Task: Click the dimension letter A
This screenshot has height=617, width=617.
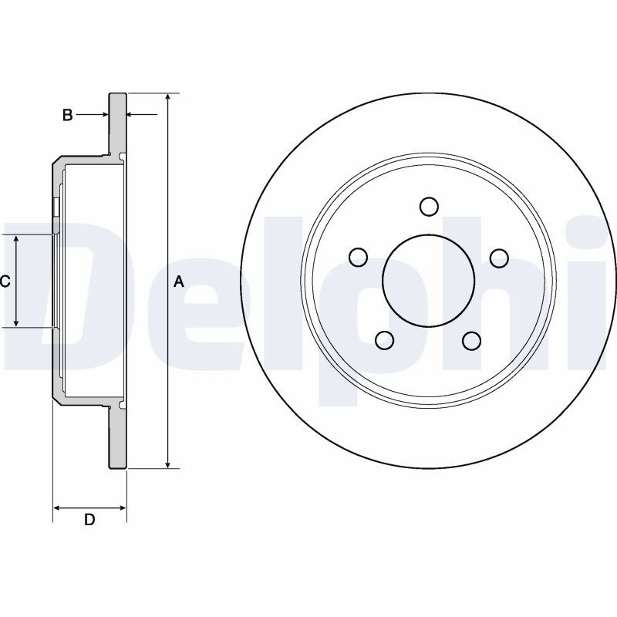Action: click(x=179, y=282)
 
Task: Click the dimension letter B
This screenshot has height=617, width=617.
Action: click(x=68, y=115)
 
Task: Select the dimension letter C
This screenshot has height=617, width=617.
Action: click(x=5, y=282)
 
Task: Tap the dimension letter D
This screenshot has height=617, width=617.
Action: click(x=89, y=520)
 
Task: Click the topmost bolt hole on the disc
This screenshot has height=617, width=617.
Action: click(x=429, y=206)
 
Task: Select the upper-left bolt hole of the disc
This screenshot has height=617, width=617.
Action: click(x=358, y=258)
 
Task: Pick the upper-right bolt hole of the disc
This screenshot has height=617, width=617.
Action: click(x=499, y=258)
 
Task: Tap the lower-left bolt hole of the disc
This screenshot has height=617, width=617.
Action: click(x=385, y=340)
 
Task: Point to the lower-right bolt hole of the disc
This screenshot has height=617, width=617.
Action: click(x=472, y=341)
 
